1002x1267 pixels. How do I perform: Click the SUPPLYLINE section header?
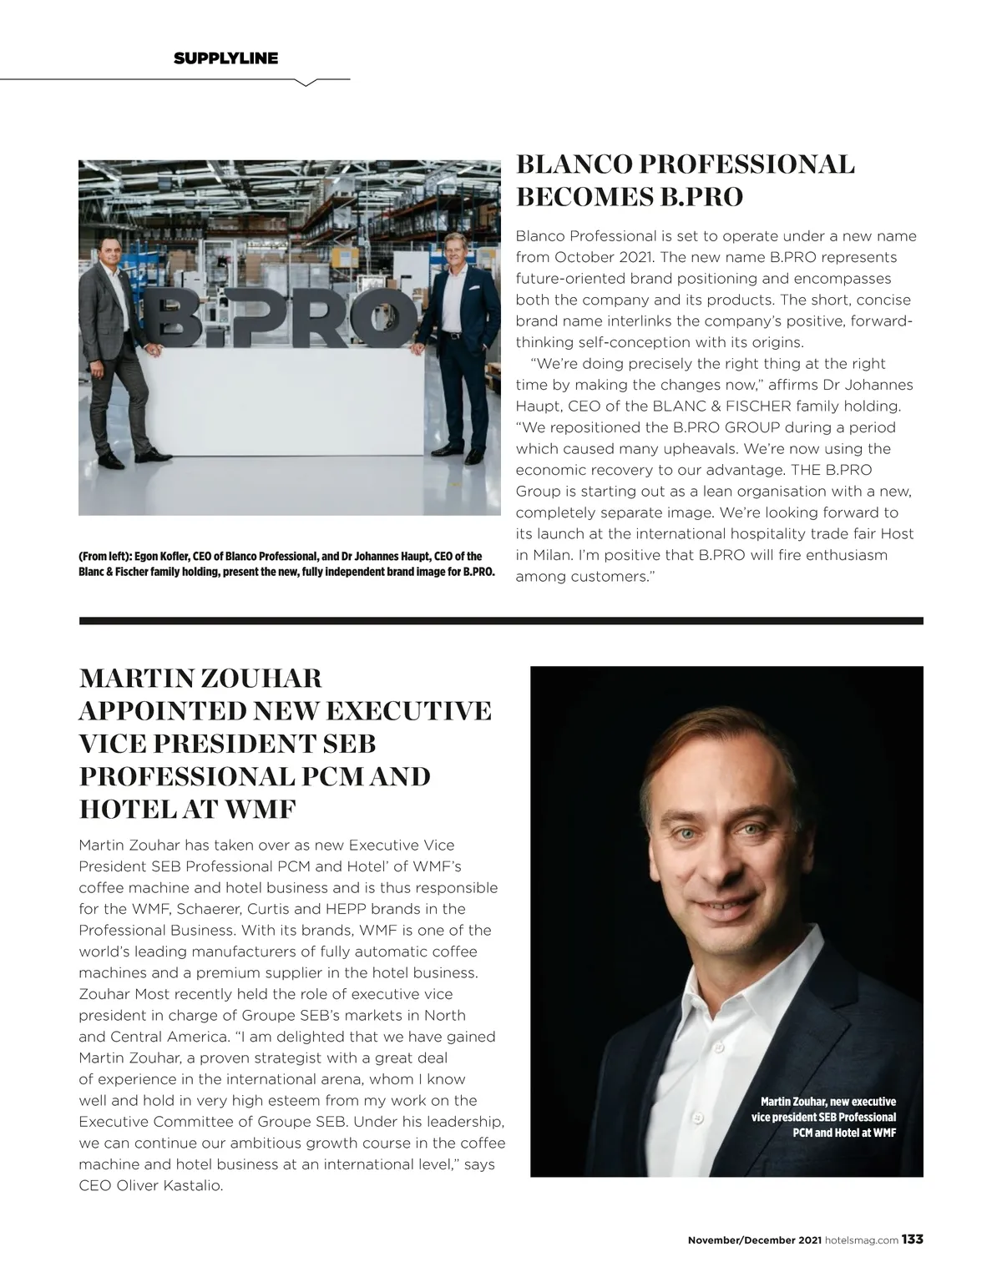[x=225, y=58]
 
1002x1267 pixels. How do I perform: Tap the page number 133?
[x=912, y=1239]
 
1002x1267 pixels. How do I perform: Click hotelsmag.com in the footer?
[x=861, y=1240]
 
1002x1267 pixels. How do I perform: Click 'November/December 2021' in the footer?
[x=754, y=1240]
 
